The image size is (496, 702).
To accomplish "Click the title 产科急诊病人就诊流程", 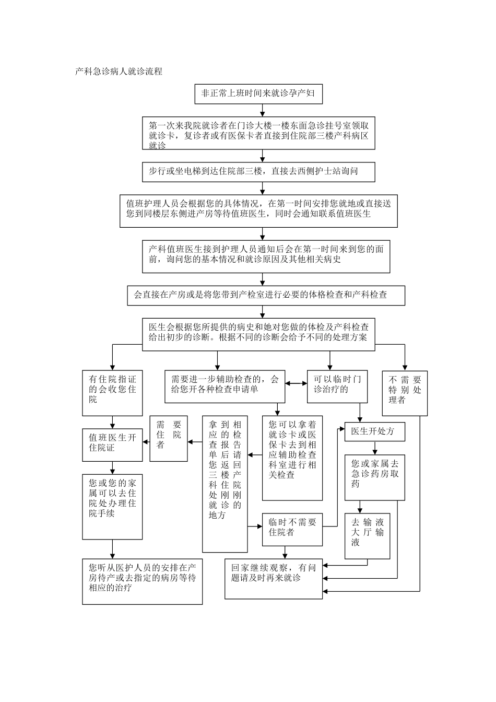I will tap(119, 72).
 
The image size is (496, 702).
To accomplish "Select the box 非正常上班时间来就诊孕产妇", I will tap(258, 94).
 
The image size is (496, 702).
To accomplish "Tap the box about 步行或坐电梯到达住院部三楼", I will tap(258, 171).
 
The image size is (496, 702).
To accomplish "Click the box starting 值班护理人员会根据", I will tap(258, 211).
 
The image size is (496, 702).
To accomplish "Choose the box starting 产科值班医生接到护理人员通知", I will tap(266, 256).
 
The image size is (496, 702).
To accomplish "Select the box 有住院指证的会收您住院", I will tap(112, 393).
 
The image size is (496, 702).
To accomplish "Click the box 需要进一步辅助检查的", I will tap(225, 387).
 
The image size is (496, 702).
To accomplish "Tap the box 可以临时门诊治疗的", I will tap(337, 387).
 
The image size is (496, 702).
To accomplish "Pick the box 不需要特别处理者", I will tap(405, 393).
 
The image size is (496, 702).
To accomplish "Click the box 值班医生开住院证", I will tap(112, 444).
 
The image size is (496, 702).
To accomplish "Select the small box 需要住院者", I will tap(169, 438).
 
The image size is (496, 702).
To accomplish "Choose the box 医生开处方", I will tap(374, 432).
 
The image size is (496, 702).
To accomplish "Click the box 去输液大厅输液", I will tap(367, 536).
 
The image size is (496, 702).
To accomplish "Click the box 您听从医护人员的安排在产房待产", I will tap(142, 581).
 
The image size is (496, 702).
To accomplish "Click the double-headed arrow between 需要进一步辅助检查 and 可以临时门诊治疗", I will tap(296, 383).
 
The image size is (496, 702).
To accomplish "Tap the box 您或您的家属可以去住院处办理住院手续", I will tap(112, 506).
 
